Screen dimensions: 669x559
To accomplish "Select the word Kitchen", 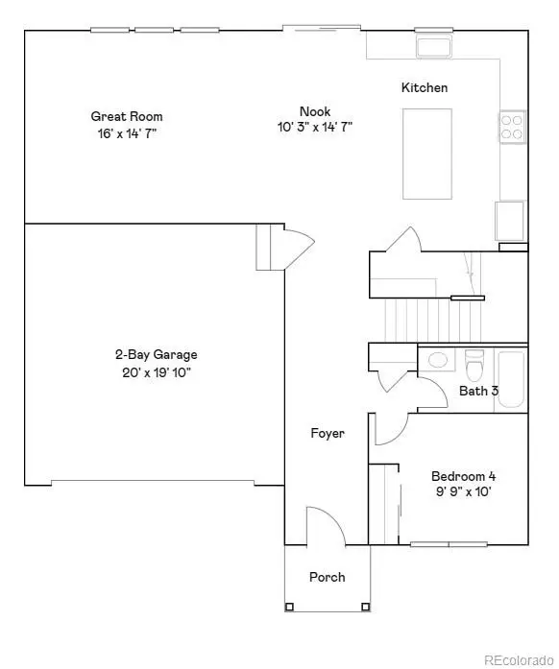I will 425,88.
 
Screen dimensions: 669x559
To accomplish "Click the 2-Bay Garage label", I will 156,355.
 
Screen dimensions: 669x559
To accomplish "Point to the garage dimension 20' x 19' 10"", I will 156,372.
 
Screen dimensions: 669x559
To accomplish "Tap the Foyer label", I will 327,434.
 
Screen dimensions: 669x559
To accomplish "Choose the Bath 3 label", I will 478,392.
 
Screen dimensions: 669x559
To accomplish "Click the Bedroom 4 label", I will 463,476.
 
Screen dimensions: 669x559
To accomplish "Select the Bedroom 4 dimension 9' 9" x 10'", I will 463,493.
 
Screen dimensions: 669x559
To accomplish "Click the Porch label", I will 327,577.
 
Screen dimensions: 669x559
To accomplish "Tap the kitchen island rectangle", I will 426,152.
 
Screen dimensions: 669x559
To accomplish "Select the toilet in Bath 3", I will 474,365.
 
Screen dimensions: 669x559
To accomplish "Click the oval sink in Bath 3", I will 438,361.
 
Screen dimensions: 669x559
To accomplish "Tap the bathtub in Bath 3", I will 510,380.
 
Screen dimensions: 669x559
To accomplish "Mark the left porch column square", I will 290,607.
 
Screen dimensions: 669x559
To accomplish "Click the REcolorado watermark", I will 518,658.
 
